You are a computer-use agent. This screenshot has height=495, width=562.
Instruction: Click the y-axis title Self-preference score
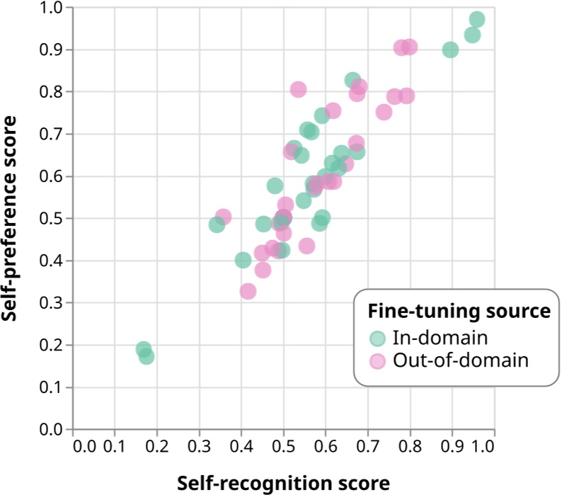tap(10, 219)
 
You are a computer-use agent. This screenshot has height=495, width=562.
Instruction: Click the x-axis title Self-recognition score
tap(283, 482)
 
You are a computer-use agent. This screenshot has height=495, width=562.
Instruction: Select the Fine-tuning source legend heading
tap(458, 312)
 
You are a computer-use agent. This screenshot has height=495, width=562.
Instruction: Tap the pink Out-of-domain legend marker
tap(379, 360)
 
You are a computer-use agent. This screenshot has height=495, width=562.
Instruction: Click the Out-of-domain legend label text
tap(461, 360)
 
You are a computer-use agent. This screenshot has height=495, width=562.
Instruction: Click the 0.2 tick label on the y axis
tap(52, 346)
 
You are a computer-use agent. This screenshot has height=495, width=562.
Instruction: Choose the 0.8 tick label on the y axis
tap(52, 92)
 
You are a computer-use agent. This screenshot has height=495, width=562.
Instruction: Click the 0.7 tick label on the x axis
tap(367, 446)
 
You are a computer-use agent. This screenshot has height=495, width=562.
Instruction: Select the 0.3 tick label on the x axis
tap(199, 446)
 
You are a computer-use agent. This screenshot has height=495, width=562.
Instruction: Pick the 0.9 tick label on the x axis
tap(452, 446)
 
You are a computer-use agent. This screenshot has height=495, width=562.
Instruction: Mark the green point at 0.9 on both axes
tap(450, 50)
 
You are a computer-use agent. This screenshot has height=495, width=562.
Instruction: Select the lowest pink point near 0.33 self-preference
tap(248, 291)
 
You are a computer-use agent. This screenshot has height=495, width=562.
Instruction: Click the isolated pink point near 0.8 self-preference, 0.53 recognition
tap(298, 89)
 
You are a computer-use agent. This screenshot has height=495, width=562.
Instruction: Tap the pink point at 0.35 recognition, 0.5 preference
tap(223, 217)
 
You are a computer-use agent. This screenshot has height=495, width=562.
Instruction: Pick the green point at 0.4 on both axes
tap(243, 261)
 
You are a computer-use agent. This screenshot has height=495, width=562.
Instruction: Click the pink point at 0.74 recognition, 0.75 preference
tap(384, 112)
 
